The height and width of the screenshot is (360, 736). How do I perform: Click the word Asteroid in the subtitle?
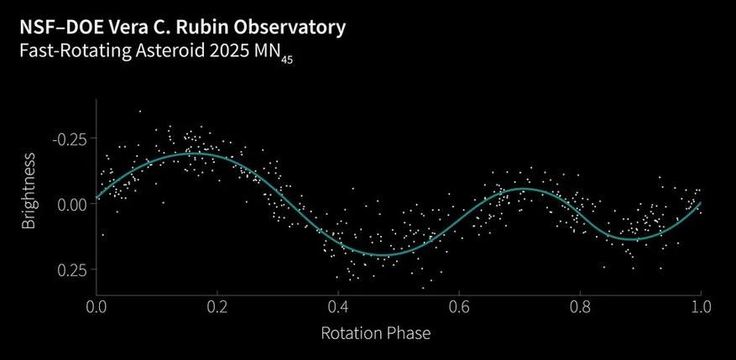tap(174, 50)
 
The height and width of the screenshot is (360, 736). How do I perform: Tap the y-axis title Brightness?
tap(29, 190)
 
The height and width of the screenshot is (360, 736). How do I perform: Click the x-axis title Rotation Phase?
tap(375, 333)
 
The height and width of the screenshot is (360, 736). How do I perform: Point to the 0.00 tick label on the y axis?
tap(70, 204)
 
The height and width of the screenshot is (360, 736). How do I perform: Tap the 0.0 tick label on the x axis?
tap(97, 307)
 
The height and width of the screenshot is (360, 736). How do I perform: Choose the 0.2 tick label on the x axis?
tap(217, 307)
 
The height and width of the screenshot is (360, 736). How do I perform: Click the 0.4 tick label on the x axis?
tap(337, 307)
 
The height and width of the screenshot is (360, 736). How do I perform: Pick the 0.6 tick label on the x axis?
tap(458, 307)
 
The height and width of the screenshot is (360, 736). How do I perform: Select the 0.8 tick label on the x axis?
tap(579, 307)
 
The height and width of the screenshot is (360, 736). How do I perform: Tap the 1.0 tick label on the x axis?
tap(699, 307)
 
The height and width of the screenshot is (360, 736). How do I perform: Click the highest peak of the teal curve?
tap(190, 154)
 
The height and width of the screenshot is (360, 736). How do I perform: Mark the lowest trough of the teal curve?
tap(383, 254)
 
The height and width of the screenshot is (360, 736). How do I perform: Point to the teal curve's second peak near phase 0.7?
tap(522, 190)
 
